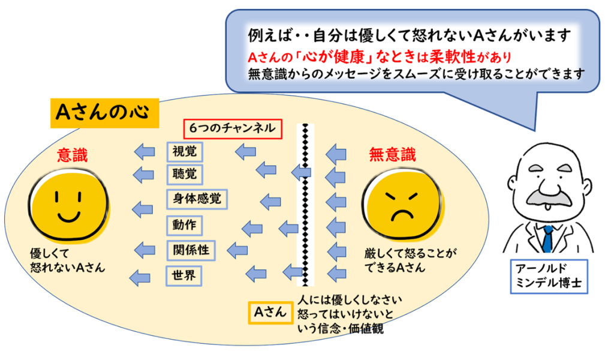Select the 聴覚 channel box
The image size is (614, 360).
(184, 174)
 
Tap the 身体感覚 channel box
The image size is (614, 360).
(197, 199)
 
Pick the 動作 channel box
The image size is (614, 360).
(184, 226)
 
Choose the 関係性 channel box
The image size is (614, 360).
(191, 250)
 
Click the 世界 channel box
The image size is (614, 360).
(183, 276)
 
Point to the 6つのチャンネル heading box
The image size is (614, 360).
(232, 128)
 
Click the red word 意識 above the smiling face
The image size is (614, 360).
(72, 156)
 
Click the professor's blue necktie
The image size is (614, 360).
(547, 239)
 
